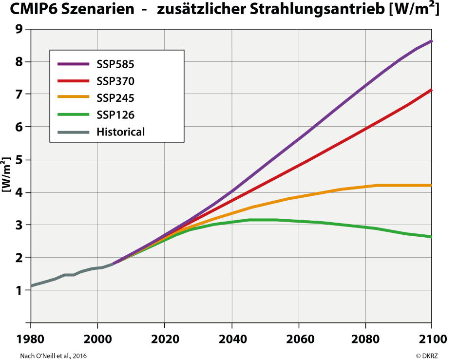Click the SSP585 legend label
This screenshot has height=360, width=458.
(115, 64)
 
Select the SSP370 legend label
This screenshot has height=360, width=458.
(115, 81)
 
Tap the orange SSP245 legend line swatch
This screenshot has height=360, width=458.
(74, 97)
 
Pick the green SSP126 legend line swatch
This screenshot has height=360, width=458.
(74, 114)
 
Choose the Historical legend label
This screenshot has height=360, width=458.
(120, 132)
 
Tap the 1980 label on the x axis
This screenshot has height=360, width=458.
(31, 339)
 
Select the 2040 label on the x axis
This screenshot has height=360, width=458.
(231, 339)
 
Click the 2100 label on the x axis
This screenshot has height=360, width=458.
(431, 339)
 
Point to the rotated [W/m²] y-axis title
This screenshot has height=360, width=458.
(7, 174)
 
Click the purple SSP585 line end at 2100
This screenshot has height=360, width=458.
(431, 41)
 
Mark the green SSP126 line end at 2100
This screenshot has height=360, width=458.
(431, 237)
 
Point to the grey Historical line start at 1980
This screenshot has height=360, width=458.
(32, 286)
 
